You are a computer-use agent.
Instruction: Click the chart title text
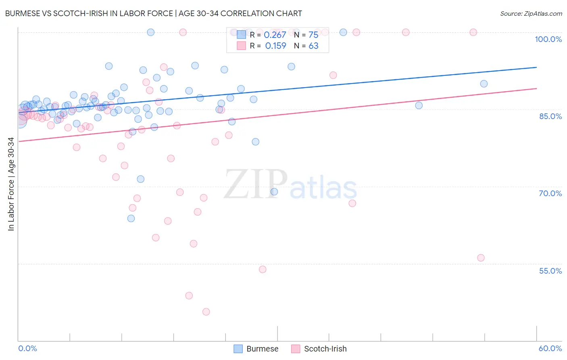pos(153,13)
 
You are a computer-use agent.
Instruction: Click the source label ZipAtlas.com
pos(531,14)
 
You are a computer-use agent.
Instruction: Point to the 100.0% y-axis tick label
pos(548,39)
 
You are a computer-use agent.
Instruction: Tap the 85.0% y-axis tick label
pos(550,116)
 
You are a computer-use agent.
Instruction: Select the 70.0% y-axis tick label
pos(550,193)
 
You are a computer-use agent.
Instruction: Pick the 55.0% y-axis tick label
pos(550,271)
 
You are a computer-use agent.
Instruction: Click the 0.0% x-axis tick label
pos(27,348)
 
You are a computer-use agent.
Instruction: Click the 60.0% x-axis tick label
pos(550,348)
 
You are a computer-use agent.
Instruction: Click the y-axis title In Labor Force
pos(11,184)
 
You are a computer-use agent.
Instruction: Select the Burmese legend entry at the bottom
pos(256,349)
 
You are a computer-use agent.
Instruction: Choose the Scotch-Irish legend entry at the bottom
pos(319,349)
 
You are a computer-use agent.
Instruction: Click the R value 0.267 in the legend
pos(275,35)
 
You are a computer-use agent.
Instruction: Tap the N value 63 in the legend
pos(313,46)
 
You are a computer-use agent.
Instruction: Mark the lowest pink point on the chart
pos(206,312)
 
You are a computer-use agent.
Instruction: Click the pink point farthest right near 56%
pos(481,258)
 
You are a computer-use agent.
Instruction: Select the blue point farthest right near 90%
pos(484,84)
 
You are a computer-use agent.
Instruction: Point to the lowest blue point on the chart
pos(131,218)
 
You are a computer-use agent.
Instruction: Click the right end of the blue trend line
pos(536,67)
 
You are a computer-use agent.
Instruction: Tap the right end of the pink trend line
pos(536,88)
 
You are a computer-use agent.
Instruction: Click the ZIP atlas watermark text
pos(290,185)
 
